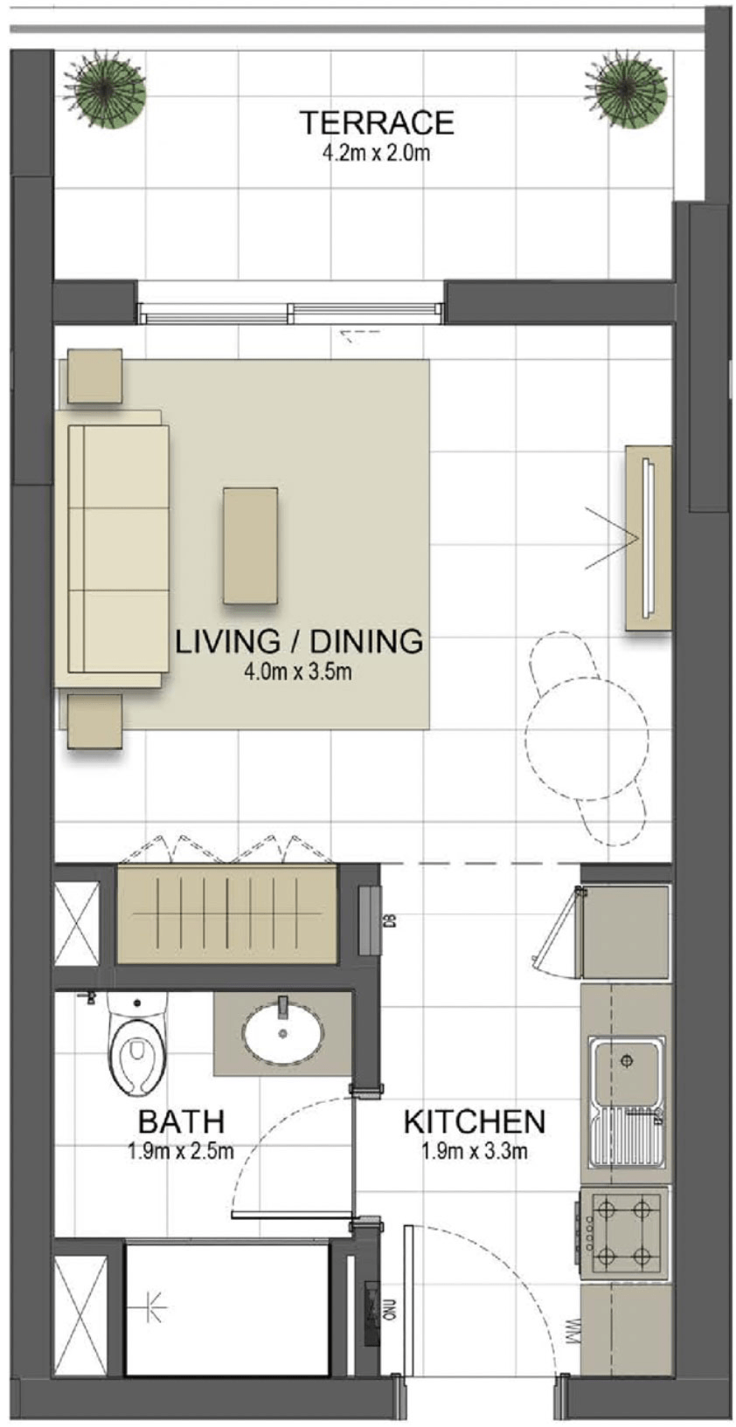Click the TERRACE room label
tap(376, 122)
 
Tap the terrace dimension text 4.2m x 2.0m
tap(376, 155)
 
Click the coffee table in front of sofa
tap(250, 545)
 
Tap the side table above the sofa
tap(94, 376)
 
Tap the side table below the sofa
tap(94, 720)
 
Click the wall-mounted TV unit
tap(648, 537)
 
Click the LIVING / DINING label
tap(299, 641)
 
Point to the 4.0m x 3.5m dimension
tap(299, 672)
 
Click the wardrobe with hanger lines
tap(227, 913)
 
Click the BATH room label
tap(181, 1120)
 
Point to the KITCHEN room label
tap(474, 1121)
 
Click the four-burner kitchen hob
tap(624, 1233)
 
